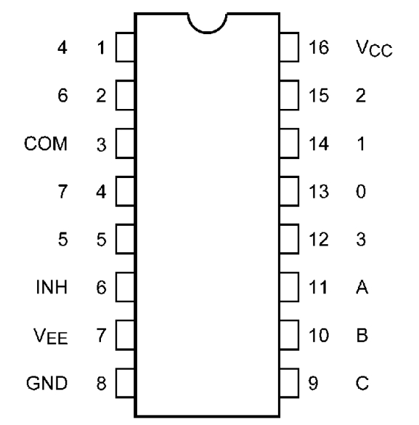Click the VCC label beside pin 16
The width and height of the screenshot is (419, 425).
(x=374, y=48)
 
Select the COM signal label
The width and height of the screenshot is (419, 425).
(x=46, y=143)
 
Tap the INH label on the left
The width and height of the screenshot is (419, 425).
(x=52, y=287)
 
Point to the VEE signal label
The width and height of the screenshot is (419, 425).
(x=50, y=336)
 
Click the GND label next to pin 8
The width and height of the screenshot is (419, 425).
(x=46, y=383)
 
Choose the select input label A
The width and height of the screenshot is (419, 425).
(x=362, y=287)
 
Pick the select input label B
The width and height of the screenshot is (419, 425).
(x=362, y=335)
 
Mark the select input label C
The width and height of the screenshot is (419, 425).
(x=362, y=383)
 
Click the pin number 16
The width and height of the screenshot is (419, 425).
(x=319, y=47)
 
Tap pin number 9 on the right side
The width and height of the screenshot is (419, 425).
(x=313, y=383)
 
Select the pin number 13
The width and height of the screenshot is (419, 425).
(x=319, y=191)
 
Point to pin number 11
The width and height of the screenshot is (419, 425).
(x=318, y=287)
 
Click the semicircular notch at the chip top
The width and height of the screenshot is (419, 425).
(x=208, y=33)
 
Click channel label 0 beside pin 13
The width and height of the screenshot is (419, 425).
(x=361, y=191)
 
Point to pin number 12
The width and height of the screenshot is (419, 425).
(x=319, y=239)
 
